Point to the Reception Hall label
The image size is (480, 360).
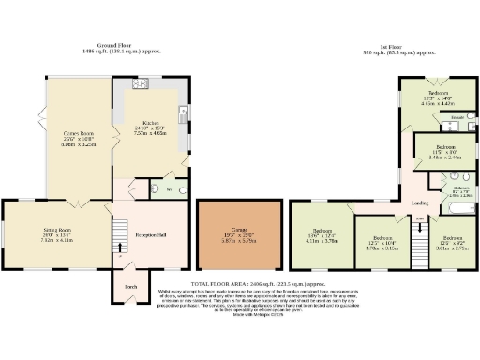click(150, 234)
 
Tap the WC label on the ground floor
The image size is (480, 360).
click(169, 188)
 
